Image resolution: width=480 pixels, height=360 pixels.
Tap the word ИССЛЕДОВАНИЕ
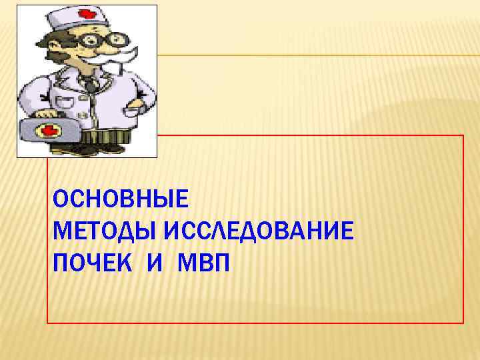pyautogui.click(x=257, y=232)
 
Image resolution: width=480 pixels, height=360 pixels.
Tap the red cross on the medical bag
pyautogui.click(x=49, y=130)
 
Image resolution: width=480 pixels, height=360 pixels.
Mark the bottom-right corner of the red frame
pyautogui.click(x=463, y=323)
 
